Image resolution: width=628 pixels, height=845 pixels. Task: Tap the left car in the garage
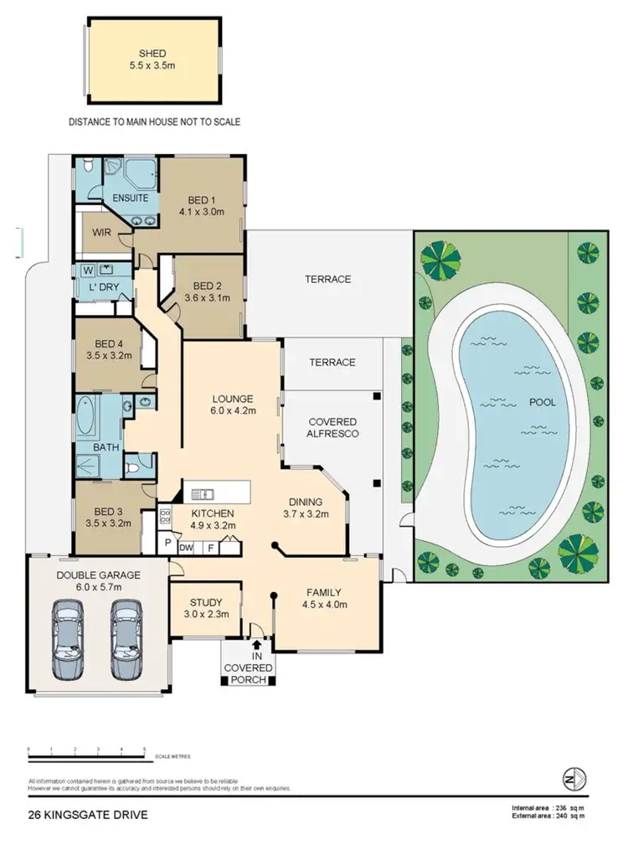coord(66,641)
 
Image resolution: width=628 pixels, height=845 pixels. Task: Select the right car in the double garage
coord(126,641)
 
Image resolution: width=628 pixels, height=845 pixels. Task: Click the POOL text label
coord(542,402)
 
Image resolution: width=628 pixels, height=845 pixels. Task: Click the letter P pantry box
coord(168,544)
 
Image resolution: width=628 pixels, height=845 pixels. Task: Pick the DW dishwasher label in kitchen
coord(187,547)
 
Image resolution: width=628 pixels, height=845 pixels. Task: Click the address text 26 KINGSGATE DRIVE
coord(80,813)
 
